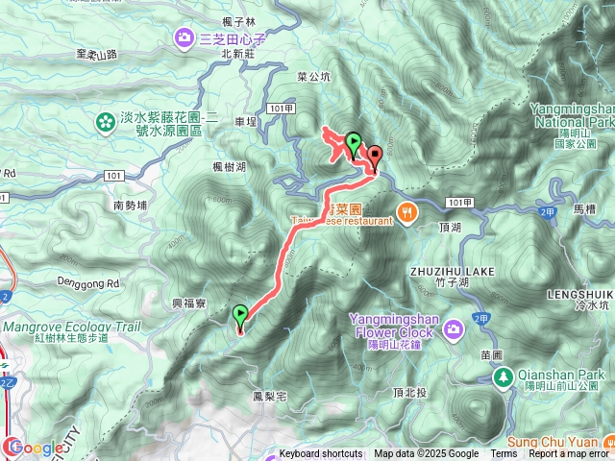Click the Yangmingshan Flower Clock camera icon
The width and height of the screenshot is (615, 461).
coord(453,330)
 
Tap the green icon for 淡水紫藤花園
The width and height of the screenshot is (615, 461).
coord(104,122)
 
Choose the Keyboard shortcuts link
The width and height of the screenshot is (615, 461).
coord(321,454)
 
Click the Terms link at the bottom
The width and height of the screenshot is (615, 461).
coord(504,454)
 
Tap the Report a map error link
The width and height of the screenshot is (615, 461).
coord(569,454)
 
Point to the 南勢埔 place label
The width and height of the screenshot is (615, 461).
coord(131,206)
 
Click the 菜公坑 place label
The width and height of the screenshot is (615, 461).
coord(313,77)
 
